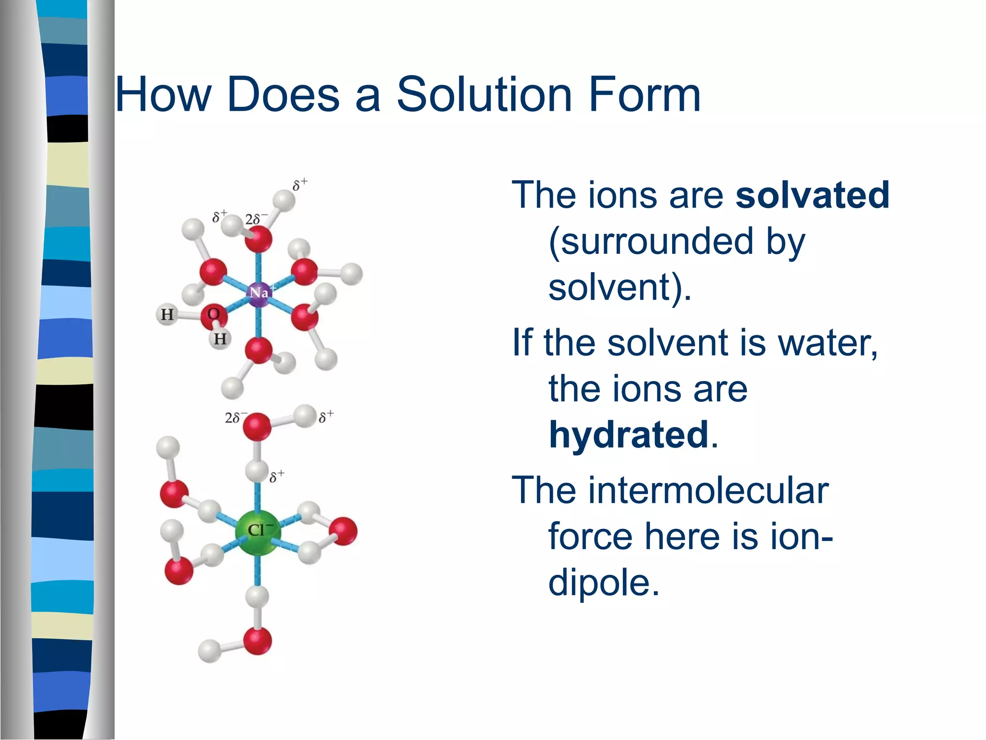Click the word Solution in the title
click(x=484, y=94)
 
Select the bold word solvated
click(x=812, y=195)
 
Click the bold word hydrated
click(x=628, y=435)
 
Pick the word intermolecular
click(x=670, y=490)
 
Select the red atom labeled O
click(x=213, y=315)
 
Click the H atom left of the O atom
click(x=167, y=315)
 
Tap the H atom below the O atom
click(x=220, y=339)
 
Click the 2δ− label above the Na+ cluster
click(x=256, y=219)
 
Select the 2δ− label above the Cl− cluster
click(x=235, y=417)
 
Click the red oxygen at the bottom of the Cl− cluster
click(x=258, y=641)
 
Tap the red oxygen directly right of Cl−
click(x=344, y=531)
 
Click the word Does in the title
click(x=283, y=94)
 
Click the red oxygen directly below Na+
click(x=259, y=350)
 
